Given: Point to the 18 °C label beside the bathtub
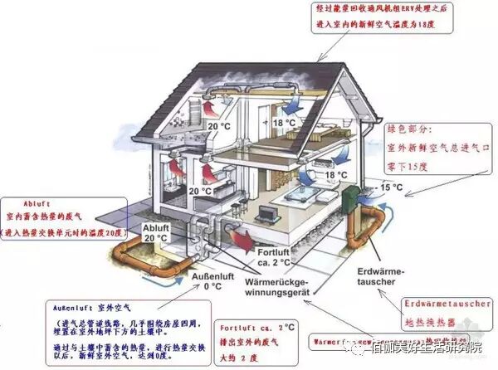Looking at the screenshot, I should [334, 175].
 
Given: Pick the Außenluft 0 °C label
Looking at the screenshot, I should [214, 281].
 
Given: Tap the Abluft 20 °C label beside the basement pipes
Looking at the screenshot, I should [157, 233].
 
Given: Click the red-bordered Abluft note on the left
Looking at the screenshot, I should [62, 217].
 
